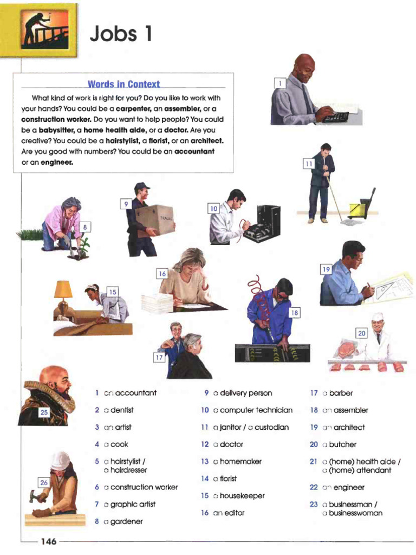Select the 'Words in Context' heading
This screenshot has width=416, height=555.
pos(123,84)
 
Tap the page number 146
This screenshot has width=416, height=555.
pos(48,541)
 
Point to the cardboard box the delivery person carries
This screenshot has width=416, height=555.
pos(155,219)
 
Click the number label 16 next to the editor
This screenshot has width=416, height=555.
pos(162,274)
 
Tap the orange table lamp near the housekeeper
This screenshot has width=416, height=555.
pos(63,289)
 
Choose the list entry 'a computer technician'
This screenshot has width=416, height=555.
pos(252,410)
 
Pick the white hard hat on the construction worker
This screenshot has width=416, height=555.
pos(60,461)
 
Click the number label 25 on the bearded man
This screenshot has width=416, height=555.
pos(44,412)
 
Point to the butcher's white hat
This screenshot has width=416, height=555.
pos(378,317)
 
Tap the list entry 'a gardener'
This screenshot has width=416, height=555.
pos(123,521)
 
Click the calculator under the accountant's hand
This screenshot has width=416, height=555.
pos(335,117)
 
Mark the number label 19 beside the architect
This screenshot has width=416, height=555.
pos(326,269)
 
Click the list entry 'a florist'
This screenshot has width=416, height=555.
pos(225,479)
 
